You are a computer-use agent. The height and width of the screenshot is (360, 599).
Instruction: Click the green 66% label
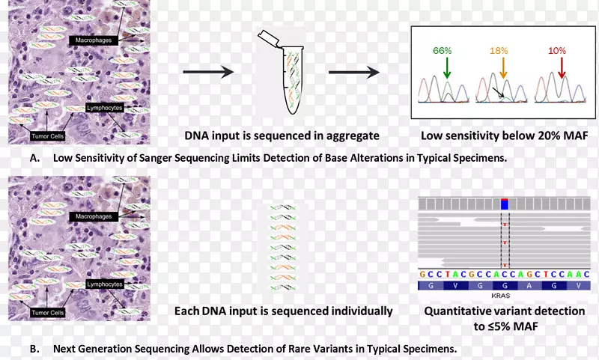coord(443,50)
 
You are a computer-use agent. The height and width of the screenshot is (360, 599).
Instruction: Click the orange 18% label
coord(498,50)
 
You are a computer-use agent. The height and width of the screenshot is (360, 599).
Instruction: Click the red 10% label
coord(556,50)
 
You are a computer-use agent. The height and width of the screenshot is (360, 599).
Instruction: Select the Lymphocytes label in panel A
coord(104,108)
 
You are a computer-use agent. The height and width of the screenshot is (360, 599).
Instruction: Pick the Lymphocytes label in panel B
coord(104,284)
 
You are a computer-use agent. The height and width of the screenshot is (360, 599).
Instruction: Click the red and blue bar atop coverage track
coord(505,204)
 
